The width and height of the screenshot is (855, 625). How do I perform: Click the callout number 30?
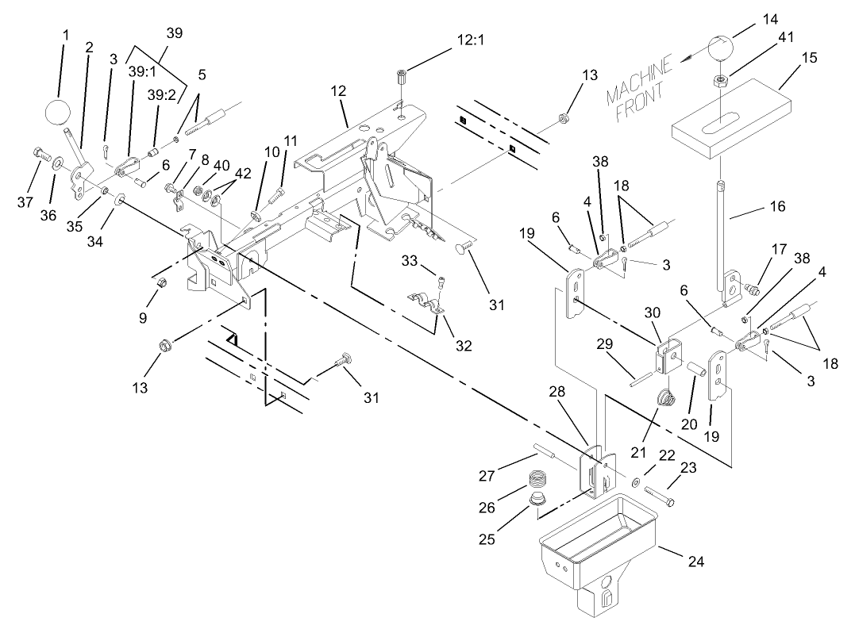coord(651,316)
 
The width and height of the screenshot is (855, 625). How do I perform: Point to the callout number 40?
coord(221,165)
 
